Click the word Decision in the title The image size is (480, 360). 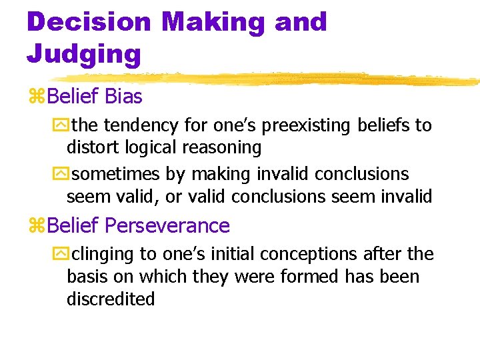click(x=89, y=22)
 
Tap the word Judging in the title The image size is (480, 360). click(x=84, y=53)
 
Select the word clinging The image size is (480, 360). click(x=101, y=254)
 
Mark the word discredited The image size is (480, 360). click(x=111, y=299)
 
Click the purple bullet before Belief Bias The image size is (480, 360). click(x=35, y=97)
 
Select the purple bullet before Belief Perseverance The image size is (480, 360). click(x=35, y=227)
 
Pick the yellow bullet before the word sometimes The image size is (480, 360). click(x=65, y=175)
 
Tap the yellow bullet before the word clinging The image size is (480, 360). click(x=65, y=255)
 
